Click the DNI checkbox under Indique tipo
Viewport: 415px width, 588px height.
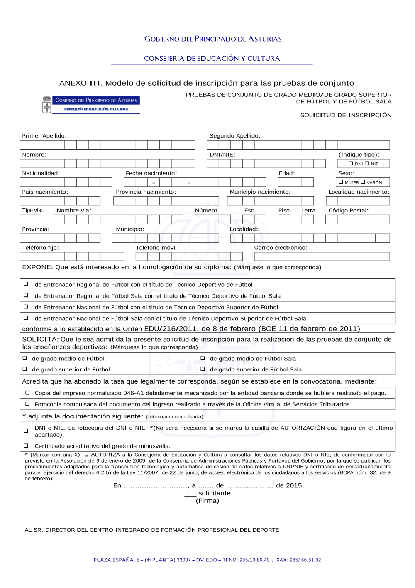click(x=351, y=164)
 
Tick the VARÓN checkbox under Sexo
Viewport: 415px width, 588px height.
click(x=363, y=182)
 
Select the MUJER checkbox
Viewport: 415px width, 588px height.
click(x=341, y=182)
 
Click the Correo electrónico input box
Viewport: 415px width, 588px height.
click(x=322, y=256)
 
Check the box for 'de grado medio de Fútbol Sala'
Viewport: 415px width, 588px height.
click(x=203, y=358)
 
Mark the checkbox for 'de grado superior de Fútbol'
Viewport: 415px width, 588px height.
click(x=25, y=369)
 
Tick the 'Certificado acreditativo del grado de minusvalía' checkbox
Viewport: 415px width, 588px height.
click(x=26, y=445)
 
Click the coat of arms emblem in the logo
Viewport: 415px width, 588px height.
click(x=47, y=105)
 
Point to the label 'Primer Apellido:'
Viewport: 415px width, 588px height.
click(x=44, y=136)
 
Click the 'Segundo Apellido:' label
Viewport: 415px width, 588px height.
click(x=235, y=136)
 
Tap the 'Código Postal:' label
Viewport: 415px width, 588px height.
click(x=348, y=210)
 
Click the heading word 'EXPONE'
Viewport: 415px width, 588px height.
click(x=37, y=267)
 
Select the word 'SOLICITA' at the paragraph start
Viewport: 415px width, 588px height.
click(x=40, y=339)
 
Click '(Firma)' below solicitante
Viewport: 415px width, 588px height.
click(x=207, y=501)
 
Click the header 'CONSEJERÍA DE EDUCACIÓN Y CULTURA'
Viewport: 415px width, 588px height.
click(x=212, y=59)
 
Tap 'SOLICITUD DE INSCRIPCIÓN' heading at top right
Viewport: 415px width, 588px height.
click(x=346, y=115)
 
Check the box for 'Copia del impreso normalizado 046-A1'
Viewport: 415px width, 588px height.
click(x=27, y=393)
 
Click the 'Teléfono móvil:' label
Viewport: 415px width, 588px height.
click(x=157, y=248)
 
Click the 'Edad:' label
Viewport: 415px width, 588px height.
click(x=287, y=173)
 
